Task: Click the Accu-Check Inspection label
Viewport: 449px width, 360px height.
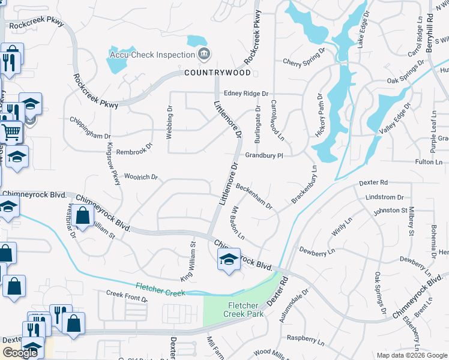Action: click(152, 55)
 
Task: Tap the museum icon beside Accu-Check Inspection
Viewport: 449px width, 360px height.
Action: click(204, 55)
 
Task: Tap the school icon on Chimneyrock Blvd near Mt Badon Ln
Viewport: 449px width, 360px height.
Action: click(228, 260)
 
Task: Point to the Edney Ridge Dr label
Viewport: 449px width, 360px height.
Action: click(246, 94)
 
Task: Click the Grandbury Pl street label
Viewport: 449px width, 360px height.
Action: click(264, 155)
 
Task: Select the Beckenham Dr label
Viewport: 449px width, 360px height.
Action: click(254, 196)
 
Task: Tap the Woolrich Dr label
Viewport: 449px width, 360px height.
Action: click(140, 177)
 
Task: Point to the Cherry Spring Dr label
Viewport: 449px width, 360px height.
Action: click(304, 62)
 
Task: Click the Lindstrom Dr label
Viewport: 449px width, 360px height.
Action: click(384, 197)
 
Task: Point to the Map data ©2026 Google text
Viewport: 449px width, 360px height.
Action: click(411, 355)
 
